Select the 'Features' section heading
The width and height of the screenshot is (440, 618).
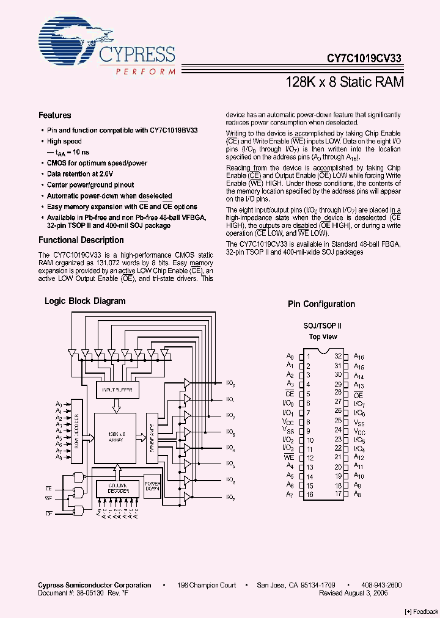pyautogui.click(x=54, y=115)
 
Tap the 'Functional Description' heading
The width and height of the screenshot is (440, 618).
pyautogui.click(x=81, y=240)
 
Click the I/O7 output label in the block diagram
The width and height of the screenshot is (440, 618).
pyautogui.click(x=230, y=496)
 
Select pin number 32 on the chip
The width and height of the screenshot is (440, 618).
pyautogui.click(x=337, y=356)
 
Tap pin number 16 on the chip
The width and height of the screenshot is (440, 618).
pyautogui.click(x=310, y=494)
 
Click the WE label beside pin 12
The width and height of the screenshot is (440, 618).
pyautogui.click(x=289, y=457)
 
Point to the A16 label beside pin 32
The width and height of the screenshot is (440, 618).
pyautogui.click(x=359, y=357)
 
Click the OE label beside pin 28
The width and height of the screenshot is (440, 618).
pyautogui.click(x=358, y=394)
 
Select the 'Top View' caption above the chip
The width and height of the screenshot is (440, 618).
pyautogui.click(x=323, y=336)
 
